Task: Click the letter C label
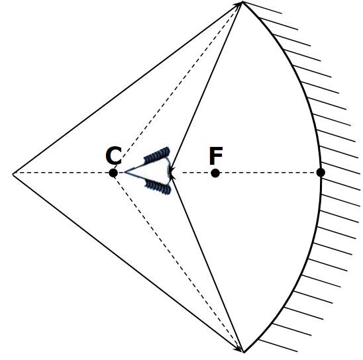tap(113, 156)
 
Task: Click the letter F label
tap(216, 156)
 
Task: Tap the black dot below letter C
tap(113, 173)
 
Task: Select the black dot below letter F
tap(215, 173)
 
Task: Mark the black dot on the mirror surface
tap(321, 173)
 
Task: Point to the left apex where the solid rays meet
tap(13, 173)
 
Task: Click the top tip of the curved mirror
tap(242, 2)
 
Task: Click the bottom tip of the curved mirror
tap(244, 352)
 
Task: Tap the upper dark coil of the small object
tap(157, 155)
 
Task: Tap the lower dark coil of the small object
tap(158, 187)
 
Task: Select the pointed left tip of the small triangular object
tap(125, 172)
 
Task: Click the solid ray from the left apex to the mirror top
tap(128, 88)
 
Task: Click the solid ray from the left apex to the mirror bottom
tap(128, 263)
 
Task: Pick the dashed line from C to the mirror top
tap(178, 87)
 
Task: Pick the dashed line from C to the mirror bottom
tap(178, 263)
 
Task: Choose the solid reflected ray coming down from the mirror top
tap(206, 87)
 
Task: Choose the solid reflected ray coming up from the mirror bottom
tap(207, 263)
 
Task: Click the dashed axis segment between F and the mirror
tap(268, 173)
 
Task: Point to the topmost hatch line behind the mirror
tap(262, 8)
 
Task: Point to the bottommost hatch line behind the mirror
tap(278, 345)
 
